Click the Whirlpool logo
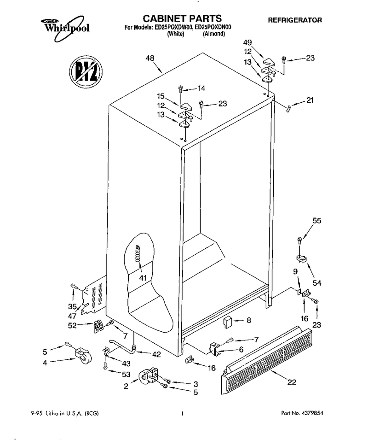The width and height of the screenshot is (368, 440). pos(65,27)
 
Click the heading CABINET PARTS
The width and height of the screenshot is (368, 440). pos(182,18)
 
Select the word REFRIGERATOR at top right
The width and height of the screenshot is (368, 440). pos(295,20)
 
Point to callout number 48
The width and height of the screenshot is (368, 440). pos(150,58)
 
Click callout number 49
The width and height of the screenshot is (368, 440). pos(247,43)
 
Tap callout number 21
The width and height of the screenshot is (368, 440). pos(310,100)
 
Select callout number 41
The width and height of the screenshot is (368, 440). pos(143,278)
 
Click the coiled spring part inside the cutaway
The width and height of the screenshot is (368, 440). pos(138,253)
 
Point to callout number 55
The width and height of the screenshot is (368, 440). pos(317,221)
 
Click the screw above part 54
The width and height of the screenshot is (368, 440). pos(299,241)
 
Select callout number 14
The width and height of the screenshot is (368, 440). pos(201,88)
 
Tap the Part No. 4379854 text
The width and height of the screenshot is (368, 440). pos(302,413)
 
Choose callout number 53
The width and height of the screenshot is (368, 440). pos(126,374)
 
